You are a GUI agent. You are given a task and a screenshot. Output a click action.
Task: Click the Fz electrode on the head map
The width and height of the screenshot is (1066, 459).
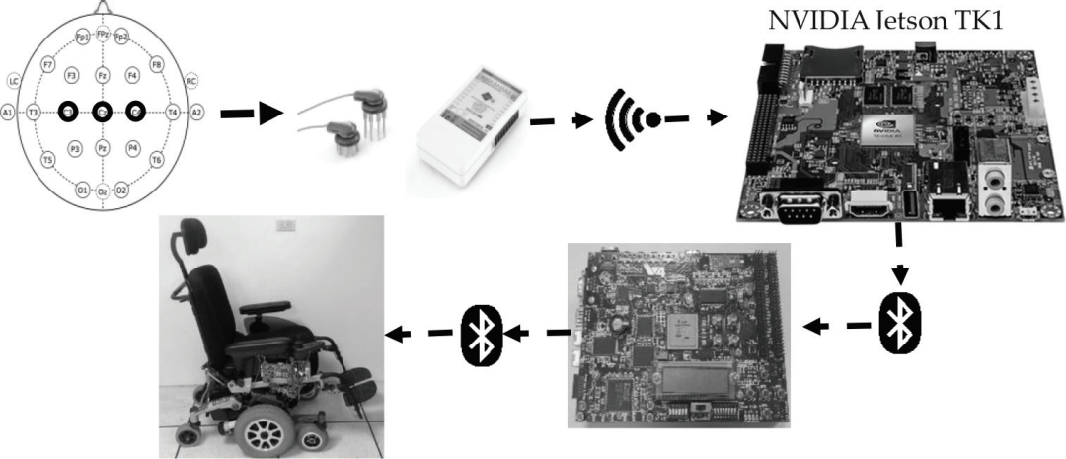tap(101, 75)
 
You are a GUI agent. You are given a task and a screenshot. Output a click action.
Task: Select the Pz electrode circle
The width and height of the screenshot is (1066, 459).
tap(102, 148)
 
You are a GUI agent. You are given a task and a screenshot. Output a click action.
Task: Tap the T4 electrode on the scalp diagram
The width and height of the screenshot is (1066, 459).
tap(173, 113)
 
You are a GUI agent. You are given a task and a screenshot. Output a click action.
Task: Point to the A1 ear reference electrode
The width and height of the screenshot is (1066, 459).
tap(9, 113)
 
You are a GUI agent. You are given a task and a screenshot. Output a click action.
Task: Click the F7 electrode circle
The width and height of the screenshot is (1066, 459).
tap(46, 64)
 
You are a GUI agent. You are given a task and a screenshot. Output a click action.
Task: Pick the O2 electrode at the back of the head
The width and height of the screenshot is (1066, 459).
tap(121, 189)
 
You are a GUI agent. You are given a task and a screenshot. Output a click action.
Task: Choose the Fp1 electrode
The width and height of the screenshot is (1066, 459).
tap(83, 38)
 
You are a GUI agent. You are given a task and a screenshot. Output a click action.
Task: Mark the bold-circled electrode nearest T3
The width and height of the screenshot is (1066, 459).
tap(67, 112)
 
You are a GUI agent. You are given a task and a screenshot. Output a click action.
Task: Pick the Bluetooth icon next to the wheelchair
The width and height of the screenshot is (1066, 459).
tap(481, 335)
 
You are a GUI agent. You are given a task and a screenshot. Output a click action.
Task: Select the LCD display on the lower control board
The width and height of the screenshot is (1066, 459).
tap(697, 376)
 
